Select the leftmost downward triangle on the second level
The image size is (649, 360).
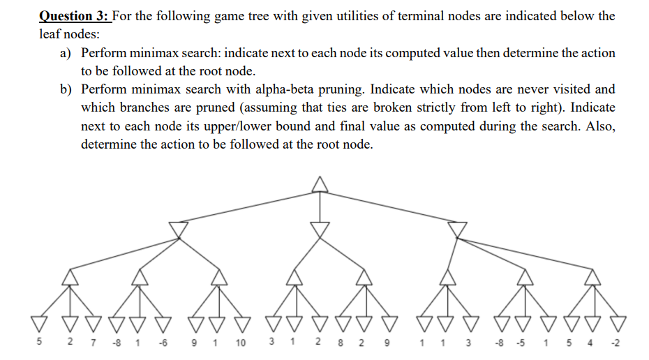[179, 230]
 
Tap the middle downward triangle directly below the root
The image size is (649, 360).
[320, 230]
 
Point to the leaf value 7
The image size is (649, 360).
[84, 343]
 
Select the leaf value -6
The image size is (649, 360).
[163, 343]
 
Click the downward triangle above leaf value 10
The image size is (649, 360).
[241, 323]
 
